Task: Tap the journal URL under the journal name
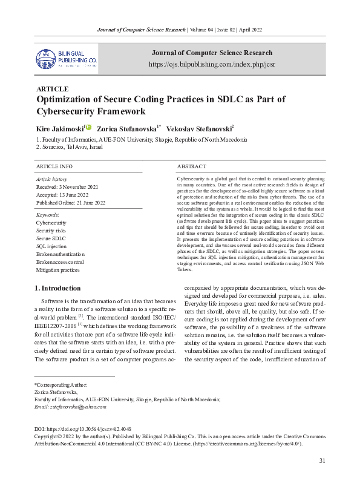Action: click(x=211, y=64)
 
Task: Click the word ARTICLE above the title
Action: click(x=53, y=89)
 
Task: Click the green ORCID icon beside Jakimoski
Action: click(x=88, y=128)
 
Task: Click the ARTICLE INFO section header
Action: click(x=54, y=166)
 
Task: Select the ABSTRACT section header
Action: click(x=192, y=166)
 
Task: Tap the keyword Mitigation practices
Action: click(x=57, y=270)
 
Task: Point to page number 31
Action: click(x=322, y=461)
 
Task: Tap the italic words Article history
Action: click(x=52, y=180)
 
